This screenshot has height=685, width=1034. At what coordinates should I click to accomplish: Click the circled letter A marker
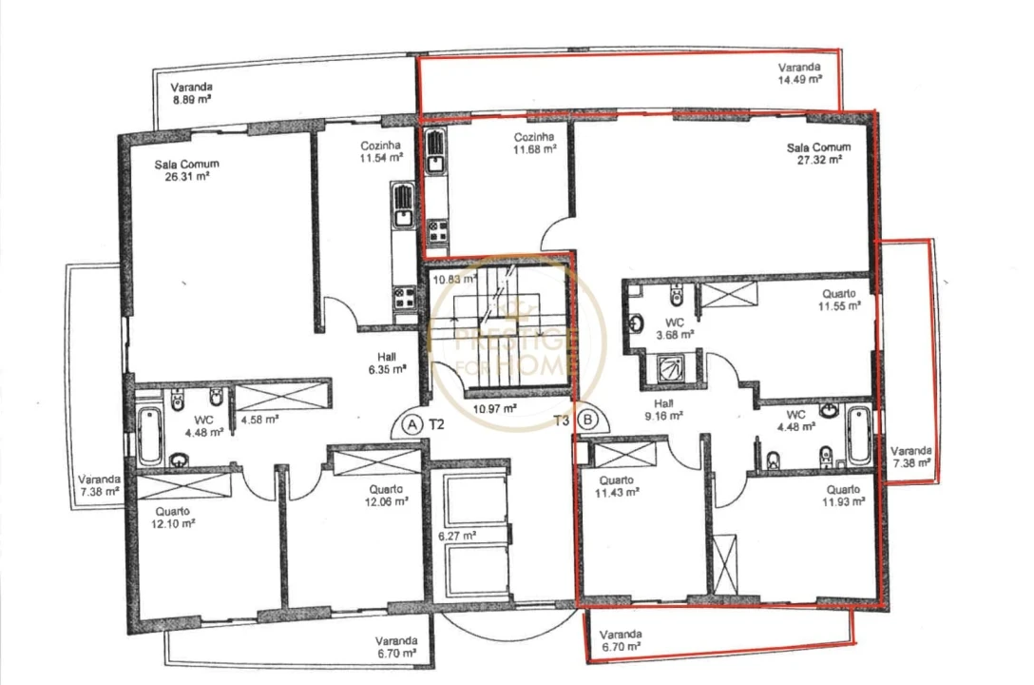[412, 424]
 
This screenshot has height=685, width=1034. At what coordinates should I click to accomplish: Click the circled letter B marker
[587, 419]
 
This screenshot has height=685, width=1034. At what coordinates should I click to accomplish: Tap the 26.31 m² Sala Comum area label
[186, 169]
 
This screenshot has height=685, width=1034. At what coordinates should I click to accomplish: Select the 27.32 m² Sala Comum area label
[818, 154]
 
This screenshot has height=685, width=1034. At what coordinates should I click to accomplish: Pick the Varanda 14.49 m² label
[799, 74]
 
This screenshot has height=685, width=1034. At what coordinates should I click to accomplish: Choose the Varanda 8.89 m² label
[191, 92]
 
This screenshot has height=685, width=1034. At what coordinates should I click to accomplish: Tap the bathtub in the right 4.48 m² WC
[858, 436]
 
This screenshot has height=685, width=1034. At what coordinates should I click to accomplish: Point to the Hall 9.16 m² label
[663, 409]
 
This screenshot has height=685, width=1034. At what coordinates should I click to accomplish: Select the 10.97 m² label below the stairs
[495, 408]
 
